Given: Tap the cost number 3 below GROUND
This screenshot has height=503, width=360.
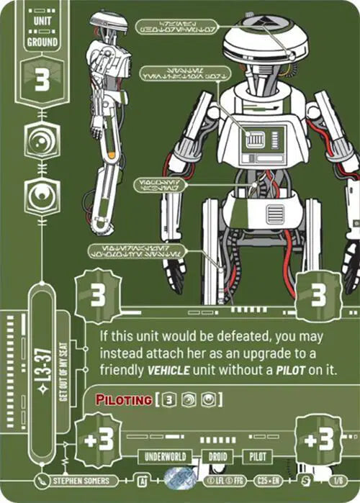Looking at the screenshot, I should pos(42,81).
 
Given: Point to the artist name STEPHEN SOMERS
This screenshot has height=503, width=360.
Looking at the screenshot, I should pos(81,481).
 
